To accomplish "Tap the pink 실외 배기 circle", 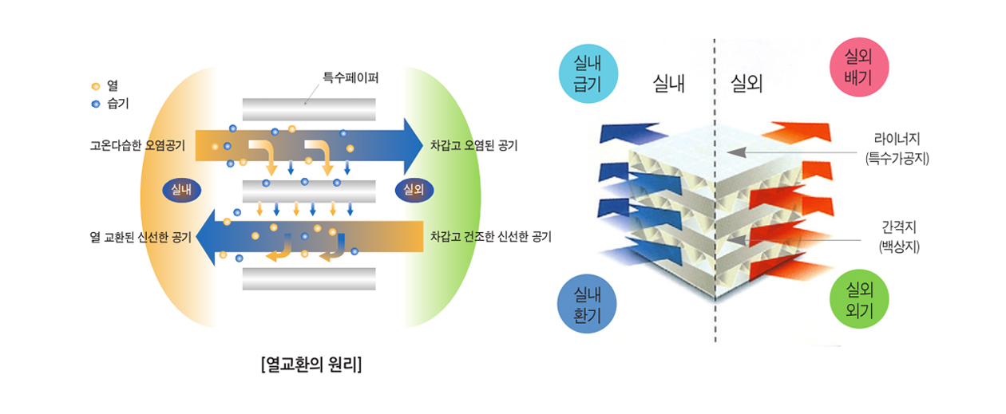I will tap(861, 66).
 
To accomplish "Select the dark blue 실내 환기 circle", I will tap(587, 306).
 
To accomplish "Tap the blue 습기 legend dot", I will tap(95, 104).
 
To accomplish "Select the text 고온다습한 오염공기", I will tap(138, 146).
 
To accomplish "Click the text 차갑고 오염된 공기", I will tap(474, 146).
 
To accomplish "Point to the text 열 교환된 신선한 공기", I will tap(141, 237).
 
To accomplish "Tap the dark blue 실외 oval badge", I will tap(414, 190).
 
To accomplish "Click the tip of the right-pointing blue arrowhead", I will tap(422, 145).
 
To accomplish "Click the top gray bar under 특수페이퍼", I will tap(309, 109).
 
